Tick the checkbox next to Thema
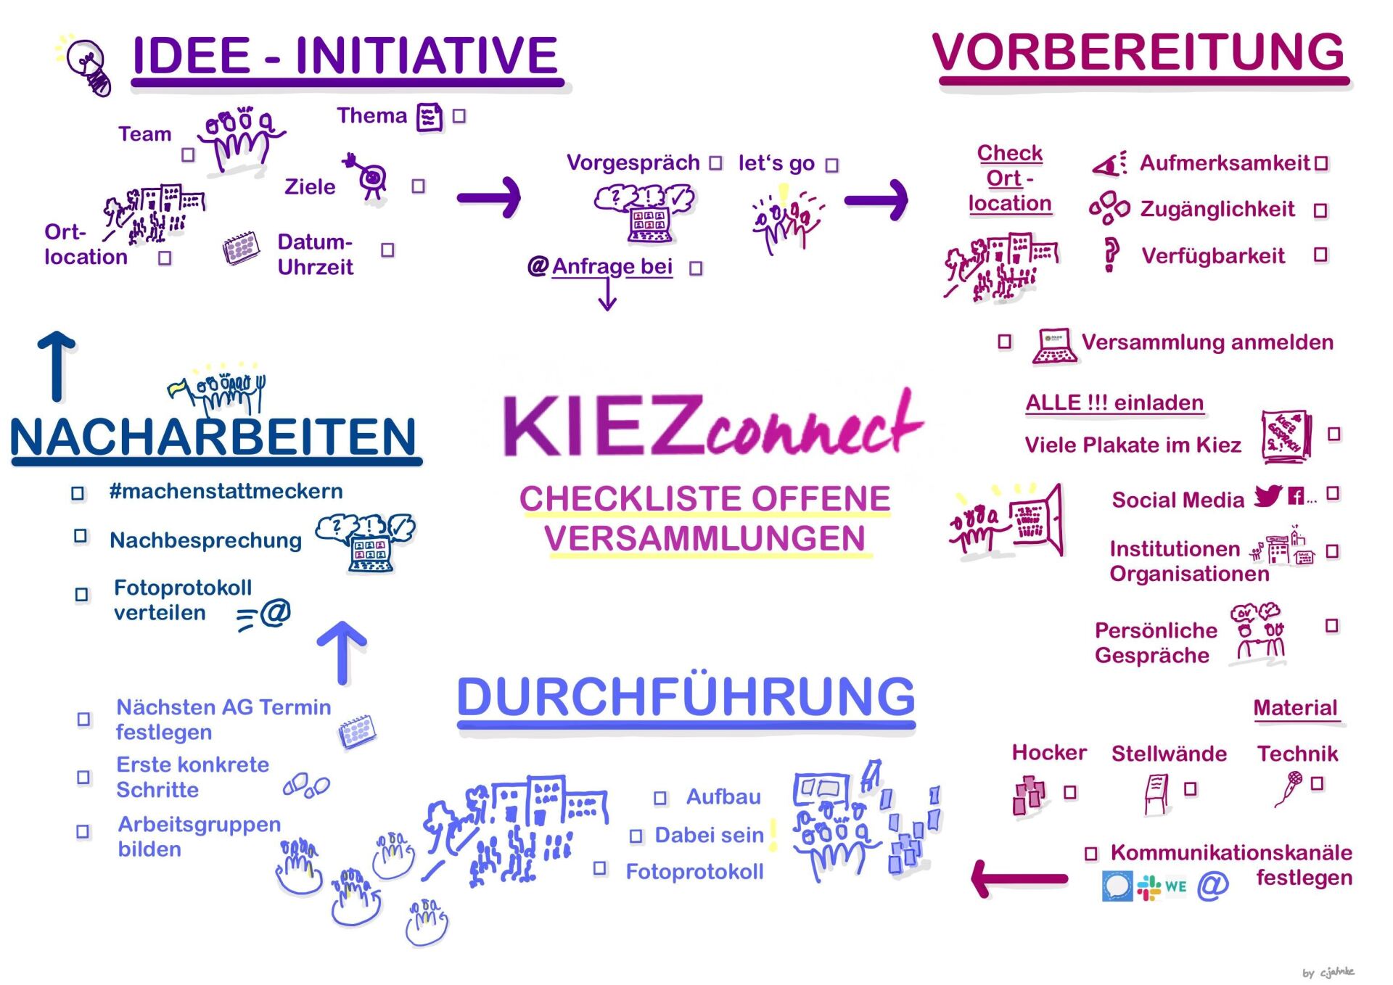click(x=459, y=116)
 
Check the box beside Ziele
click(x=418, y=186)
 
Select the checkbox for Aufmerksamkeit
click(x=1321, y=164)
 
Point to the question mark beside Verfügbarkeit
click(x=1109, y=255)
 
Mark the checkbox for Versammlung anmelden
click(x=1005, y=341)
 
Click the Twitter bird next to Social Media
click(x=1268, y=496)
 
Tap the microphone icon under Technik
click(x=1289, y=788)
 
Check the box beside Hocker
click(x=1069, y=792)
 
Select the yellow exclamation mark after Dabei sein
click(x=773, y=834)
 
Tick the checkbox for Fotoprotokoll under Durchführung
click(x=599, y=868)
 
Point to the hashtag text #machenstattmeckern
click(x=226, y=491)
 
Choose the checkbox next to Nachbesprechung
click(x=81, y=536)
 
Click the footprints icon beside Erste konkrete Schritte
click(x=306, y=786)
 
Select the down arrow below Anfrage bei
click(x=608, y=295)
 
